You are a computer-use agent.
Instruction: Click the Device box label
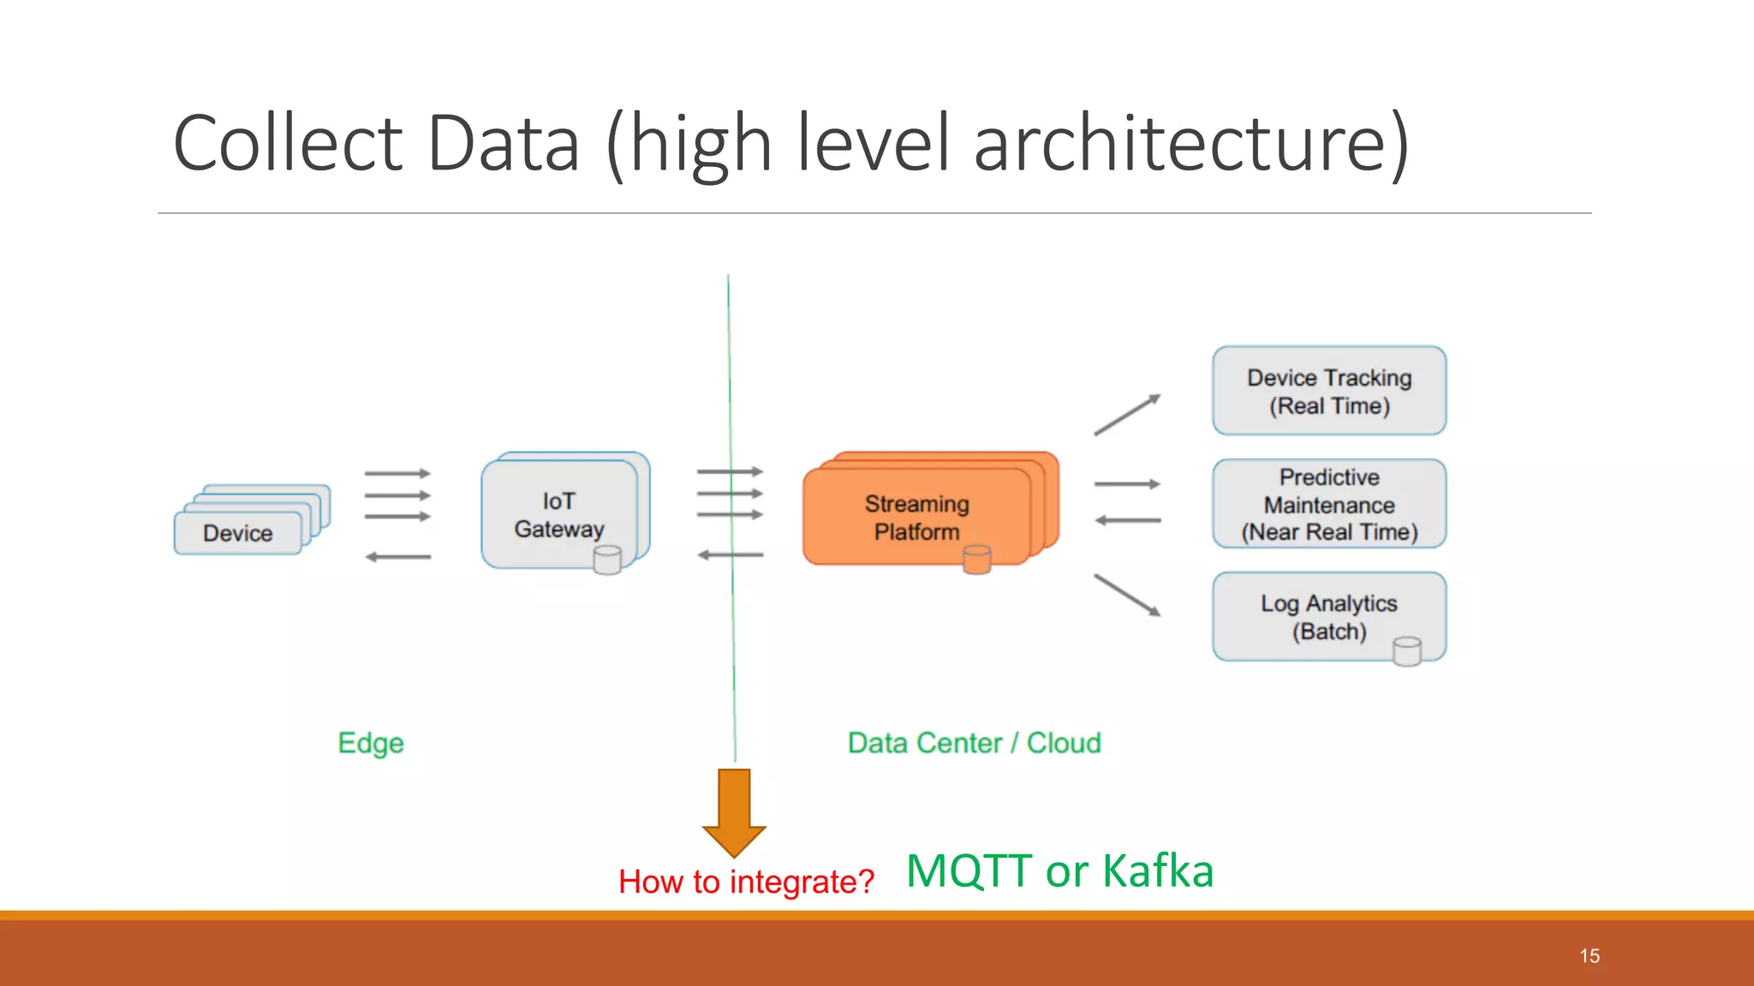tap(237, 533)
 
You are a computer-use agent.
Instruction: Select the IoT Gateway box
tap(559, 514)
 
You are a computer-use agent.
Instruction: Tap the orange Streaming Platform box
tap(916, 517)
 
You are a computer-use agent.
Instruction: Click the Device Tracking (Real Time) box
tap(1329, 391)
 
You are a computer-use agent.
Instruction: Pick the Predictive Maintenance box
tap(1329, 504)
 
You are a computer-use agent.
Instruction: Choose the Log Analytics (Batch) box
tap(1329, 616)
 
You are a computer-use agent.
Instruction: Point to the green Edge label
tap(371, 743)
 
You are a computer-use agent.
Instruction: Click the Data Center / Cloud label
tap(974, 743)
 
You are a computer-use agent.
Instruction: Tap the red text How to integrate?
tap(746, 882)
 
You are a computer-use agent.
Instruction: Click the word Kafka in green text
tap(1157, 871)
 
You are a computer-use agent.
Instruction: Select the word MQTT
tap(969, 871)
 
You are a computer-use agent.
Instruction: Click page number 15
tap(1590, 956)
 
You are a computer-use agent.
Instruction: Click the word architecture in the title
tap(1191, 143)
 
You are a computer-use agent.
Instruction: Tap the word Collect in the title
tap(288, 143)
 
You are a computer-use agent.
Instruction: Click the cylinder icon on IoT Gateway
tap(607, 561)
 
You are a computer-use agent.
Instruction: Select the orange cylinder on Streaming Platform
tap(976, 560)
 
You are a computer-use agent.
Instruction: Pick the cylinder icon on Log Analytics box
tap(1406, 651)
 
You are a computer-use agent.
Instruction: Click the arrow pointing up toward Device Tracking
tap(1127, 415)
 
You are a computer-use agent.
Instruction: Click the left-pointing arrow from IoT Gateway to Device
tap(398, 557)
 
